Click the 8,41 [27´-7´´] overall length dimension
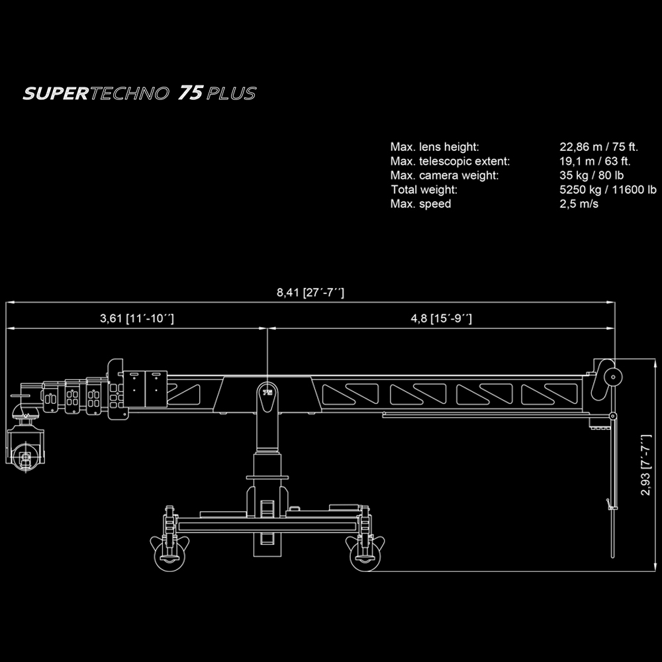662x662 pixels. coord(310,293)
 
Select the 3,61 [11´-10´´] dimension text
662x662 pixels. coord(137,318)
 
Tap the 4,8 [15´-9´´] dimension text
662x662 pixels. coord(441,318)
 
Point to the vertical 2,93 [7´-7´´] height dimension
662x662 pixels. coord(646,465)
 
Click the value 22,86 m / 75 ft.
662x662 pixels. coord(598,147)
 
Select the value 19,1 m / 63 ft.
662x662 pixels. coord(595,162)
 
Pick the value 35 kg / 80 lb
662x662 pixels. coord(591,175)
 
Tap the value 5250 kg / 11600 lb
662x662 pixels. coord(608,189)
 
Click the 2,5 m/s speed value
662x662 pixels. coord(579,204)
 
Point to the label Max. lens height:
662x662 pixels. coord(434,147)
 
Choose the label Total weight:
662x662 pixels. coord(424,189)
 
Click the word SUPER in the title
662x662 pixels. coord(56,93)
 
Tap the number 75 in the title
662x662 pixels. coord(191,93)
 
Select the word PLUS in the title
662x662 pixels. coord(231,93)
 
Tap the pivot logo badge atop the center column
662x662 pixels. coord(267,393)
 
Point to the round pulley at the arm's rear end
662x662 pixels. coord(613,377)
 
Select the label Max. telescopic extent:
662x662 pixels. coord(450,162)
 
